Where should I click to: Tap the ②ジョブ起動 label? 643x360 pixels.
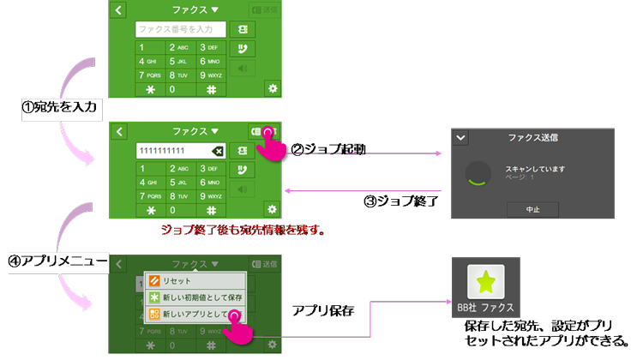click(329, 149)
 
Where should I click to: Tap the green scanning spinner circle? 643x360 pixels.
click(478, 175)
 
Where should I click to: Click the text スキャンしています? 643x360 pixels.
click(536, 169)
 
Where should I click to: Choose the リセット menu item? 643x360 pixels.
click(175, 280)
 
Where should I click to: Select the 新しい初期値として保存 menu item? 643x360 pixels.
click(200, 297)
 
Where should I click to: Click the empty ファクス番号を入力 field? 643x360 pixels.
click(180, 30)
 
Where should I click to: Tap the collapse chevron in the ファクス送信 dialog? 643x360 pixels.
click(461, 137)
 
